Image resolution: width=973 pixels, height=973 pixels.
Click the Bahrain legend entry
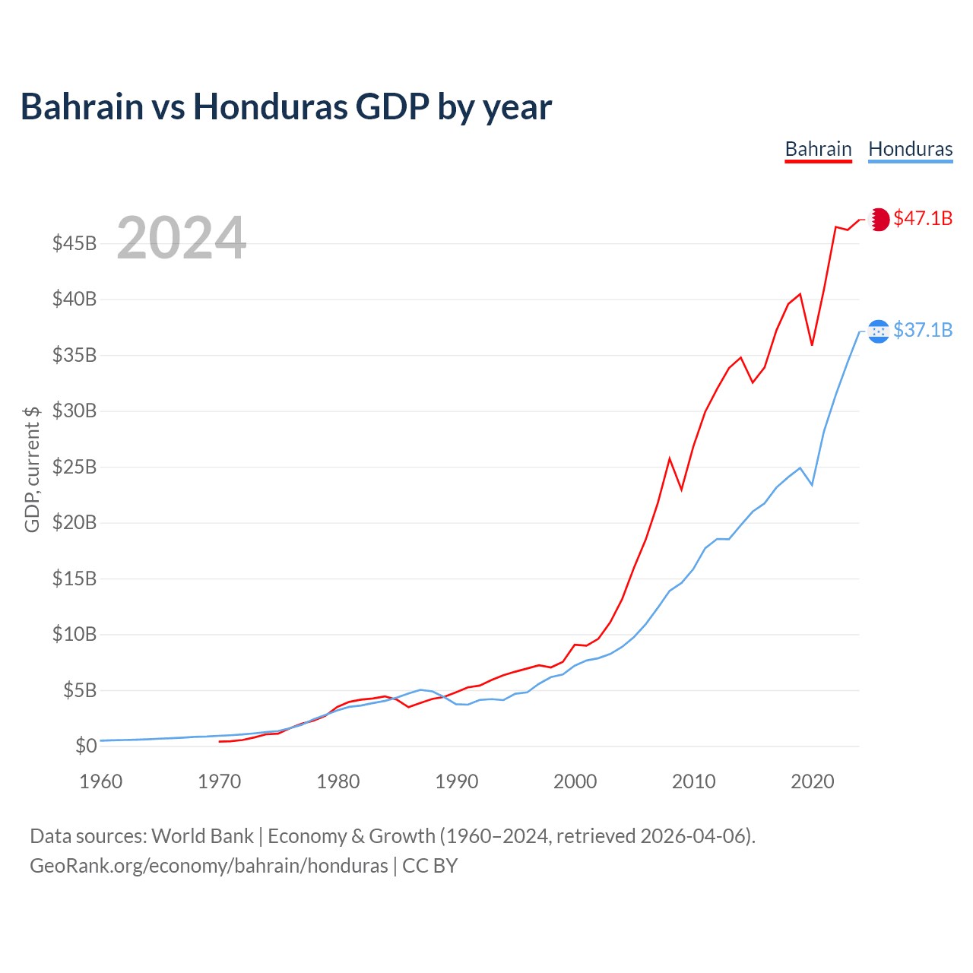(818, 149)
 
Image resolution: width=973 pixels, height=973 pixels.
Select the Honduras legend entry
(910, 149)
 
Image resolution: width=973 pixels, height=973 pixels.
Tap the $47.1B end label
(923, 218)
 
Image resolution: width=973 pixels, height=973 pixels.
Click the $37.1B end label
(923, 330)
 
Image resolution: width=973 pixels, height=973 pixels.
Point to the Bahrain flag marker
(879, 219)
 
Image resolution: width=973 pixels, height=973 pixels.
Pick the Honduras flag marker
(879, 331)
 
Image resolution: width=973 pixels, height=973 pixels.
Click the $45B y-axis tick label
(74, 244)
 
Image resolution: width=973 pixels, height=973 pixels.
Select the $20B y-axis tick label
(74, 523)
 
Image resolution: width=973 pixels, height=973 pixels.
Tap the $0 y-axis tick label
(86, 746)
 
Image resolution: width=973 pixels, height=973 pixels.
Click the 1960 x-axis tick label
(101, 781)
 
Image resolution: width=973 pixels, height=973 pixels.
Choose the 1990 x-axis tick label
(457, 781)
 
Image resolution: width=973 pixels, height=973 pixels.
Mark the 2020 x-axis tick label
(813, 781)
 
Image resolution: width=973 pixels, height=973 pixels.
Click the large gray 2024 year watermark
(181, 238)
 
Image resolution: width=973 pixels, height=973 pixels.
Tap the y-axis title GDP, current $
(32, 469)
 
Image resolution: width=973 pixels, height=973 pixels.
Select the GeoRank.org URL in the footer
(208, 866)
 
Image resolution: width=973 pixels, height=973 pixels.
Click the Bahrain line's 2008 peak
(670, 458)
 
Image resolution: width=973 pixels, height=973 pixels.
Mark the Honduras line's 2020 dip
(812, 484)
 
